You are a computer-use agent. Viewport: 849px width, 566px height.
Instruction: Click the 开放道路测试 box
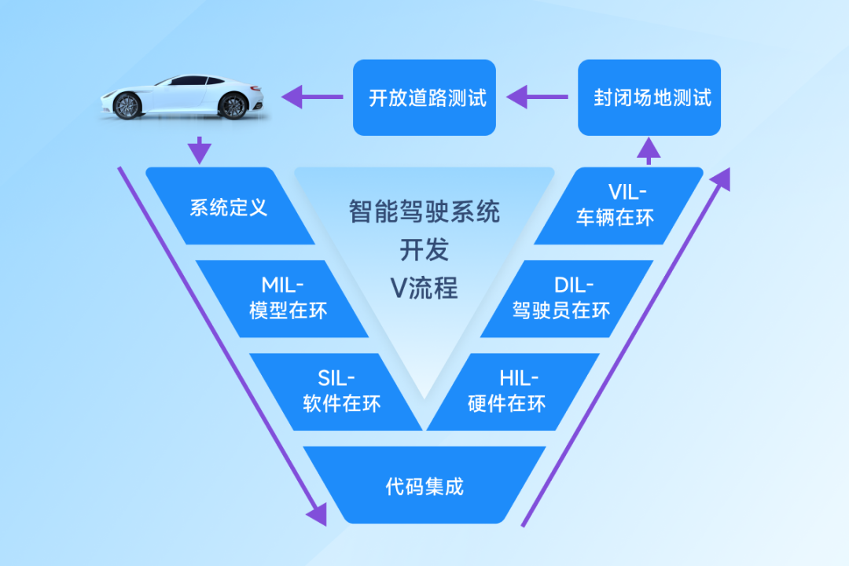[424, 97]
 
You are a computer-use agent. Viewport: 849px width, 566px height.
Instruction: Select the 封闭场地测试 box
[649, 97]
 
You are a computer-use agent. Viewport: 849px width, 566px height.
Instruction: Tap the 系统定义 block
[229, 207]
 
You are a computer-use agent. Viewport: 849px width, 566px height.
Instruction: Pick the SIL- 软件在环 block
[338, 391]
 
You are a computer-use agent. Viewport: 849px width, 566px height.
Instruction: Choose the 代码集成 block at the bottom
[424, 485]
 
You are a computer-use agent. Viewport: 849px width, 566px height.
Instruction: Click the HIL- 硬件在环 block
[511, 391]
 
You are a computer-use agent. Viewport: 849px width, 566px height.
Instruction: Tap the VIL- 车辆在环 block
[621, 207]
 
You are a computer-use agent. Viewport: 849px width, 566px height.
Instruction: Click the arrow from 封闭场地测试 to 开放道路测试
[537, 97]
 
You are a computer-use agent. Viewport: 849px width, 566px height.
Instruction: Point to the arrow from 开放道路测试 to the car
[312, 97]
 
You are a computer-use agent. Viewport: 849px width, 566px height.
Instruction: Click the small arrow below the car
[200, 149]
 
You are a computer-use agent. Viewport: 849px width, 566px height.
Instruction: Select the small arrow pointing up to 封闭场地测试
[649, 149]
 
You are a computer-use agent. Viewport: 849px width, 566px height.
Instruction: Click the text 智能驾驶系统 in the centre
[424, 211]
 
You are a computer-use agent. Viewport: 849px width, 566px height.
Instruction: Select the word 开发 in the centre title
[424, 250]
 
